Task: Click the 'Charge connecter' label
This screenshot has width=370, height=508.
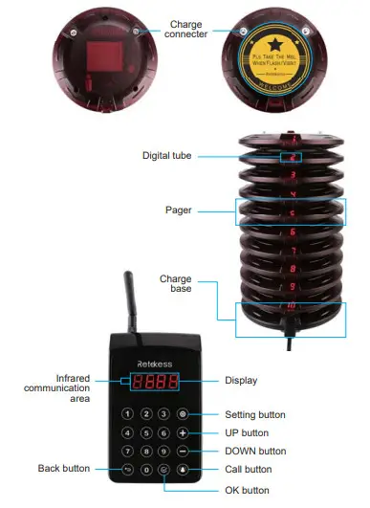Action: click(185, 29)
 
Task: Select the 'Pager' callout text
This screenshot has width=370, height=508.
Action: click(181, 209)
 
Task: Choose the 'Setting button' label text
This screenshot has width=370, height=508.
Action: click(255, 414)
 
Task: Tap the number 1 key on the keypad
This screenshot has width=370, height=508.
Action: click(127, 414)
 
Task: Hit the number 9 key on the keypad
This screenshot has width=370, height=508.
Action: click(164, 451)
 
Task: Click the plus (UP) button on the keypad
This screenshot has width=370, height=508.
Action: click(183, 432)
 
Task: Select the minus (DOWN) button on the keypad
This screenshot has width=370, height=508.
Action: click(183, 451)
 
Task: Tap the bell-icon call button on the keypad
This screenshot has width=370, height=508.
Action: click(183, 470)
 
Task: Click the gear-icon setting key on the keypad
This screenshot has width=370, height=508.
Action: click(183, 414)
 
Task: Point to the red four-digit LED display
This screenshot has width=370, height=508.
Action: click(155, 382)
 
